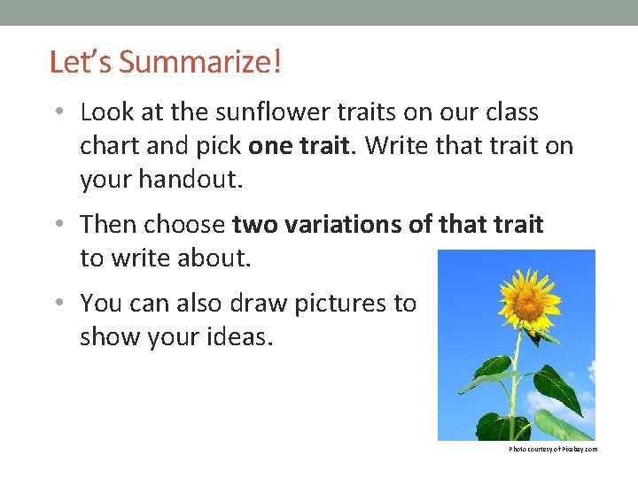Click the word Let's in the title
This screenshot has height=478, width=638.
click(81, 63)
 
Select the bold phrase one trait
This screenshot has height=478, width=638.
click(298, 146)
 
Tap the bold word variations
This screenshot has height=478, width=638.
click(346, 225)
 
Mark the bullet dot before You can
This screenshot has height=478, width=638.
click(58, 304)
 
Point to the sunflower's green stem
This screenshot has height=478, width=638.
click(514, 389)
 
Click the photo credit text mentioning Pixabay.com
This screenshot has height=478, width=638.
click(553, 450)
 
